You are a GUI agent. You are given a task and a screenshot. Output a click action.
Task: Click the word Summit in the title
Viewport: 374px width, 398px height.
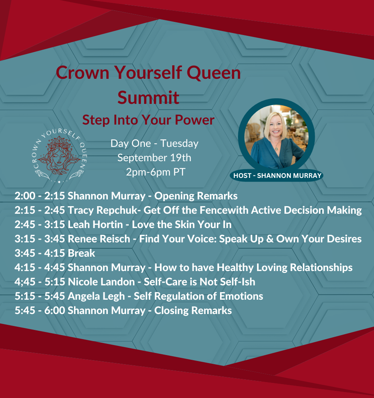coord(148,97)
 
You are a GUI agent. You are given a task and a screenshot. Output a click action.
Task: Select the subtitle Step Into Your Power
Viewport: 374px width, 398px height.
coord(148,120)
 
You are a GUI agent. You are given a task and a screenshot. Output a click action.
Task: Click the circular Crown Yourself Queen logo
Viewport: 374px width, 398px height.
coord(60,156)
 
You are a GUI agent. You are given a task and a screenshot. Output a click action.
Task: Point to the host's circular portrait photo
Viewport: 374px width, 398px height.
coord(276,137)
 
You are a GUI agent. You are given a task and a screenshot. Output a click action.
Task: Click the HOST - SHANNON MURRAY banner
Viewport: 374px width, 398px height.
coord(277,176)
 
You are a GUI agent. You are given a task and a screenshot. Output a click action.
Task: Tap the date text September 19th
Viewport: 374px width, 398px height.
coord(154,158)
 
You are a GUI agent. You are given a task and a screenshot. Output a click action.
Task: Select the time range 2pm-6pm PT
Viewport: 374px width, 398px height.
coord(156,172)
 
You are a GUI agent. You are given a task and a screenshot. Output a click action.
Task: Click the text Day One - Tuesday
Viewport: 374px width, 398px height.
coord(154,143)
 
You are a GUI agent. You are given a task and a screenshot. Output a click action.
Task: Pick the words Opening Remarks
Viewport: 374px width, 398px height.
coord(196,196)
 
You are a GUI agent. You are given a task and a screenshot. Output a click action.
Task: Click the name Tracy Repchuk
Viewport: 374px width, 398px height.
coord(103,211)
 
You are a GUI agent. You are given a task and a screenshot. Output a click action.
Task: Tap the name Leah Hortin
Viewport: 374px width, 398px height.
coord(95,224)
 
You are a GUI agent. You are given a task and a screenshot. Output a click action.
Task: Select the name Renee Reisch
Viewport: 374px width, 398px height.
coord(99,239)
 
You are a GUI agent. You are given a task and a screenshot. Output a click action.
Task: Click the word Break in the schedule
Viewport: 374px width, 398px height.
coord(82,253)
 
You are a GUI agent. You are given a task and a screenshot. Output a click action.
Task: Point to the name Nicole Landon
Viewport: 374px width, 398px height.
coord(101,282)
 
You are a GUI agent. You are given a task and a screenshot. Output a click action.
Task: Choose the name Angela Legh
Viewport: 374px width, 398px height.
coord(96,297)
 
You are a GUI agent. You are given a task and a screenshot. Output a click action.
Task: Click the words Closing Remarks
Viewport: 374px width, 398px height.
coord(193,311)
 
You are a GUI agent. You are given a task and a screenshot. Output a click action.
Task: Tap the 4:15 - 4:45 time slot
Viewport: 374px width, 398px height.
coord(40,267)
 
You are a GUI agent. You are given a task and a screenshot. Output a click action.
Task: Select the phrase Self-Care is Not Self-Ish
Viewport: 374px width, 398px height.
coord(199,282)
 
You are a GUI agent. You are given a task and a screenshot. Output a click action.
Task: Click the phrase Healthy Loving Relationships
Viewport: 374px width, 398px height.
coord(285,268)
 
